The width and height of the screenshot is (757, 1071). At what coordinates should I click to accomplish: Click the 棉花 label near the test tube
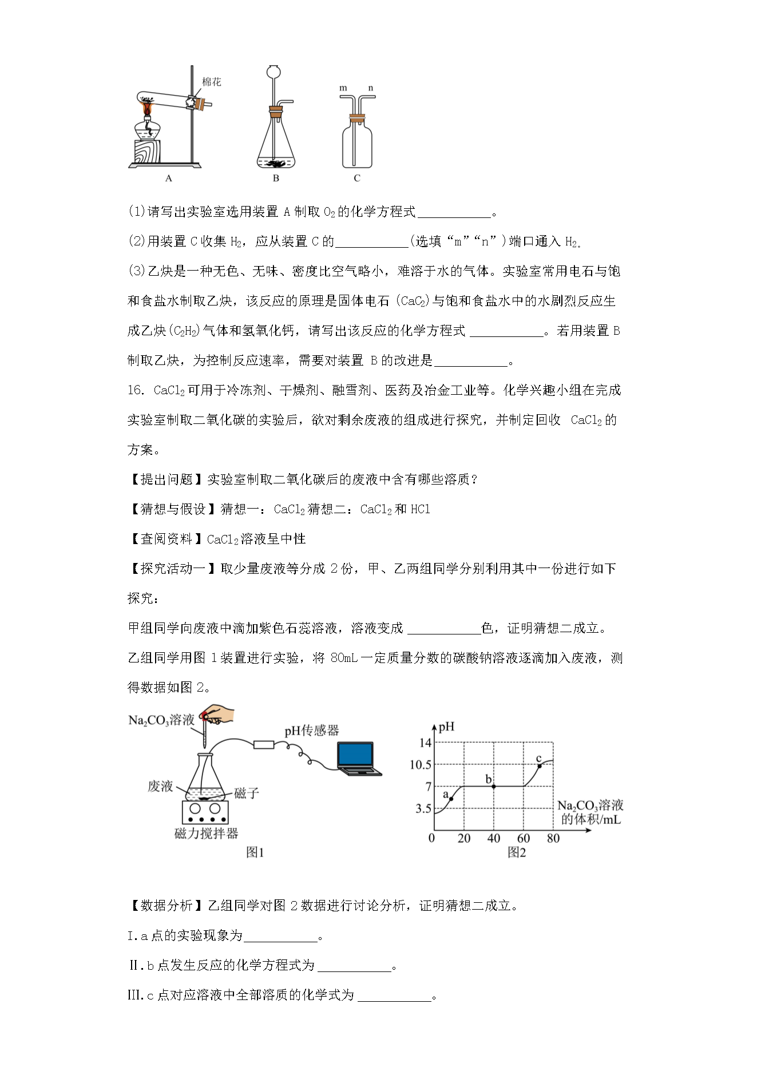211,82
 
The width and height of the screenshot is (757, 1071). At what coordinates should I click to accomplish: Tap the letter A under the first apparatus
168,178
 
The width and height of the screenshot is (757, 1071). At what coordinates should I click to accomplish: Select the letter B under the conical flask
276,178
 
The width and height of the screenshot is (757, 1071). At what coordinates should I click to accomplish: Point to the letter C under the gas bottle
357,178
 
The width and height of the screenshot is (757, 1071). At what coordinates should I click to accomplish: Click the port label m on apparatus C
343,88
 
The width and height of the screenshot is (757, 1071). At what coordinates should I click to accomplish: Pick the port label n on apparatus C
371,88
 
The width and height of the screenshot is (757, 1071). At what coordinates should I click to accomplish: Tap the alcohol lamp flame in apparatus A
148,109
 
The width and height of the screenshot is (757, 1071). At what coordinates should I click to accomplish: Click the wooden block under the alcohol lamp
147,152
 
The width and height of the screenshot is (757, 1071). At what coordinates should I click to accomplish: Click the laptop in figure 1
357,759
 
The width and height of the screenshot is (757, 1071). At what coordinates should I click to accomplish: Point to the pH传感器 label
312,731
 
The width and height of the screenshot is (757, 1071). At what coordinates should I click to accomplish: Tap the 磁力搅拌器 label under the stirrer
206,834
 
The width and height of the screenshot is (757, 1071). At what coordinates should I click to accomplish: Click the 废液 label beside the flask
160,787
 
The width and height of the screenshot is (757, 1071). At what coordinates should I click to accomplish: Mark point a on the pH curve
451,799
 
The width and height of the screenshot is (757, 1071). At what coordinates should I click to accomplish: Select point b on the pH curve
494,787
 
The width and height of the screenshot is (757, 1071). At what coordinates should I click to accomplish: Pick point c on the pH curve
540,765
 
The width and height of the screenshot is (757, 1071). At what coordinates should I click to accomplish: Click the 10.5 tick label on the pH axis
421,765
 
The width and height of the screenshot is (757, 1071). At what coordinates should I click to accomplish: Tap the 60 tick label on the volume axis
523,838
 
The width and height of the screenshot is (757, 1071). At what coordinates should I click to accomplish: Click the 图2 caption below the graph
516,853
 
